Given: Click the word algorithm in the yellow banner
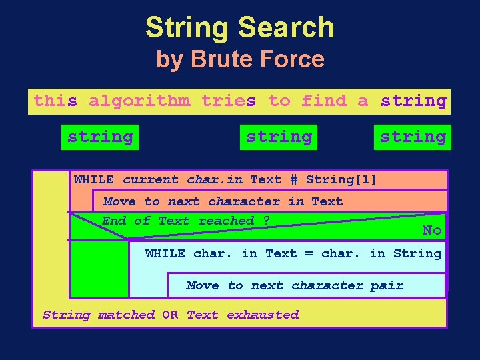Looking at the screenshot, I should pos(139,101).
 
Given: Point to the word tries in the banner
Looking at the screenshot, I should pos(229,101).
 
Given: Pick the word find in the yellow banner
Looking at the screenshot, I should pos(324,101).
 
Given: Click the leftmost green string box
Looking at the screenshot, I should pos(100,137).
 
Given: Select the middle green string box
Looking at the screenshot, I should pos(279,137).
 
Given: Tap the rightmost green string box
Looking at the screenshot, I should pos(412,137).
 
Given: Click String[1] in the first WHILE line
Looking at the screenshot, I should pos(341,179).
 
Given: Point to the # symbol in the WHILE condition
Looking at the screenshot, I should pos(293,180).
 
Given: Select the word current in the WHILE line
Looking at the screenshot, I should pos(151,179).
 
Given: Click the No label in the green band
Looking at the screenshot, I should pos(432,231).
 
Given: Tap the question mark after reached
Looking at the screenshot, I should pos(266,221).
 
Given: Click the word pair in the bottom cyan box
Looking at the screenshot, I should pos(387,285).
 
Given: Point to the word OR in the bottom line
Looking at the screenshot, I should pos(170,315).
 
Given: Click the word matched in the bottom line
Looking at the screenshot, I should pos(126,315).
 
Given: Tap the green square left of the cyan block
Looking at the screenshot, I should pos(99,268).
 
